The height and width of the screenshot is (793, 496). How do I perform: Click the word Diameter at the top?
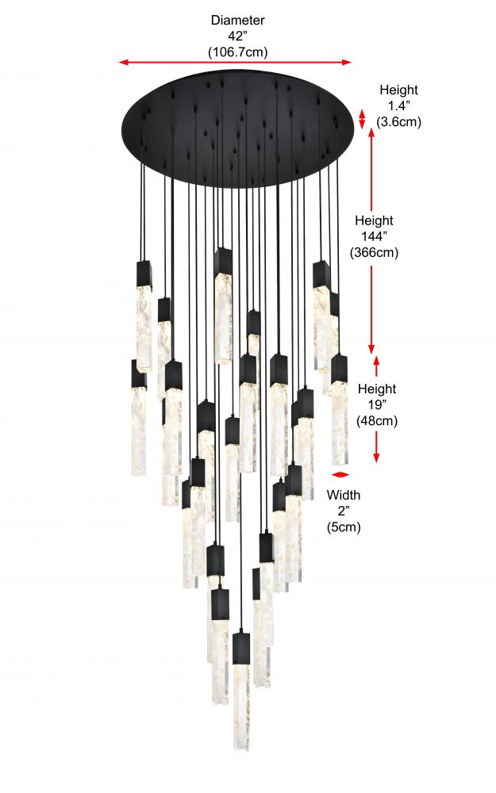(x=237, y=20)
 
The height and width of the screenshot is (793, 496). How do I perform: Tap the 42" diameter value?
(x=237, y=36)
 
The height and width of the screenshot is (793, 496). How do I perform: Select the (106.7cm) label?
(x=237, y=52)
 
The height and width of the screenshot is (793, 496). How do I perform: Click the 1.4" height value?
(x=398, y=106)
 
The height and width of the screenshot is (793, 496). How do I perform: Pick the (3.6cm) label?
(x=398, y=122)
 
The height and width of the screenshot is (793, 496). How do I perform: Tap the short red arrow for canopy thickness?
(x=363, y=119)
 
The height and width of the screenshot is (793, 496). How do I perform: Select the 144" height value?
(x=374, y=237)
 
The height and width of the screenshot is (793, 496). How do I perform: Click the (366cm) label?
(x=374, y=253)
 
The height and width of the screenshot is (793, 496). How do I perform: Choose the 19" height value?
(x=376, y=405)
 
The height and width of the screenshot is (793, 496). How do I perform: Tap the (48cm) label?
(x=376, y=421)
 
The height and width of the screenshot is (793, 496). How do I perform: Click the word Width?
(x=344, y=495)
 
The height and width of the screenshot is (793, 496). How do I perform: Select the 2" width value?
(x=344, y=511)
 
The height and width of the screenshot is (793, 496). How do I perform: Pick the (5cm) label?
(x=344, y=527)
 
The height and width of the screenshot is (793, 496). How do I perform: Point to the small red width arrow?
(x=340, y=475)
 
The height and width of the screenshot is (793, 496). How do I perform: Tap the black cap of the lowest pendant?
(x=241, y=646)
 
